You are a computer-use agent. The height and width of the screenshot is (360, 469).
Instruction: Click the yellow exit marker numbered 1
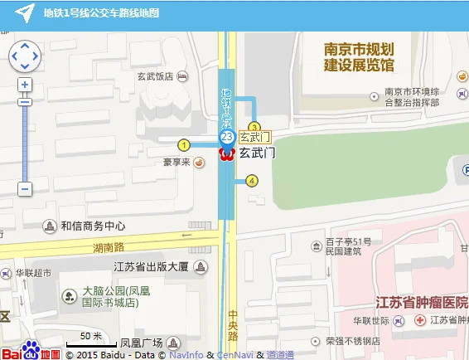184,145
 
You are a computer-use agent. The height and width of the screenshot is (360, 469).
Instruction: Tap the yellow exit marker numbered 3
254,127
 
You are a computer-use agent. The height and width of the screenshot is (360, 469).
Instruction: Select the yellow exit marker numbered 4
252,181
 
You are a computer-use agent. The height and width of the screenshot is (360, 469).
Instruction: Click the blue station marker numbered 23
226,137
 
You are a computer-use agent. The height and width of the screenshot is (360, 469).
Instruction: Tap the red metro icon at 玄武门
226,153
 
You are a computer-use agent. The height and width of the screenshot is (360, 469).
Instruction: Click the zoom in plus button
25,85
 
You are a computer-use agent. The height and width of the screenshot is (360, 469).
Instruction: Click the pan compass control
24,56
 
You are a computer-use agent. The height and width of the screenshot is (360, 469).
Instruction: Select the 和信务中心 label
92,226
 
